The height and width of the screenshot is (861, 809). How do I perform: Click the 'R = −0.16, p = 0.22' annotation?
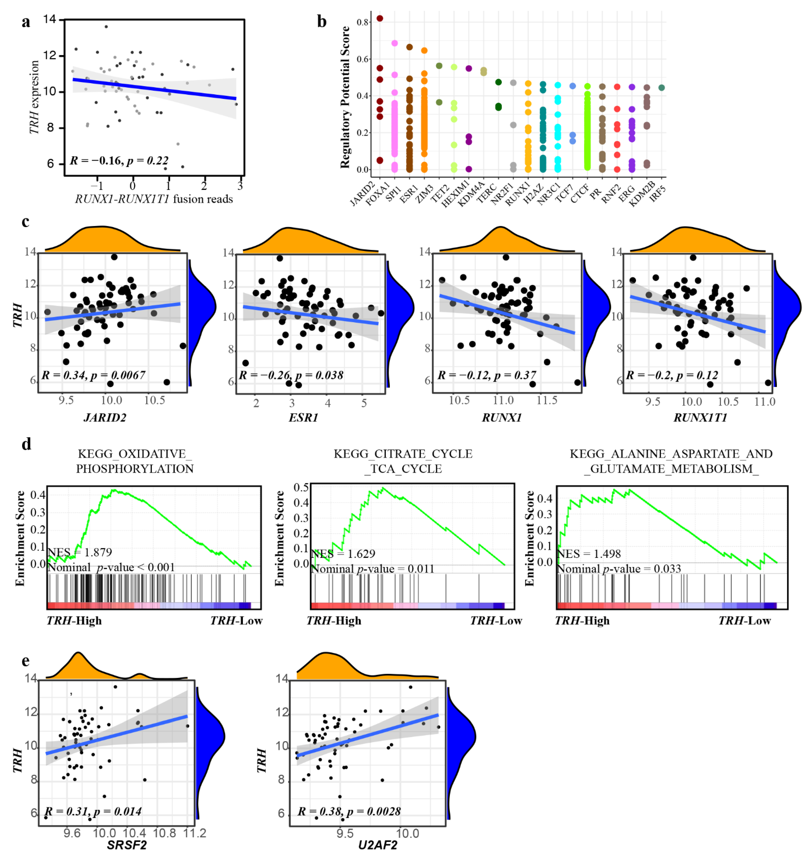[x=119, y=161]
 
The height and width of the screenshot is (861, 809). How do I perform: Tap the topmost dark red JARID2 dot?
[x=380, y=18]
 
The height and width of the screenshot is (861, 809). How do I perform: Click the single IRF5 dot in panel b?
[x=661, y=88]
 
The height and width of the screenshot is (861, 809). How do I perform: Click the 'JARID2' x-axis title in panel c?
[x=105, y=418]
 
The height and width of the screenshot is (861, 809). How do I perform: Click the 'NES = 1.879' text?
[x=79, y=552]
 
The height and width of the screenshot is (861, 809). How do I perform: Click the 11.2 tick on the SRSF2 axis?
[x=194, y=833]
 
